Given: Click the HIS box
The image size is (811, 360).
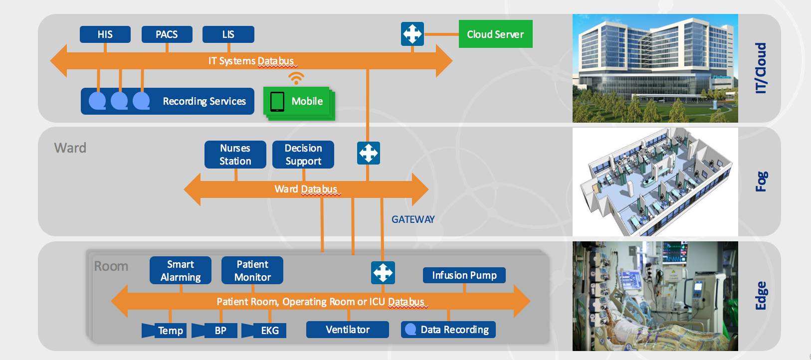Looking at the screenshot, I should (x=105, y=34).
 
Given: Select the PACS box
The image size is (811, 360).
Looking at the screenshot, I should (x=167, y=34).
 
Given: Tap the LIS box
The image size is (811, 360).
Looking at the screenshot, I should (x=228, y=34).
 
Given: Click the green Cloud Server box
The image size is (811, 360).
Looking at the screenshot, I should (x=495, y=34).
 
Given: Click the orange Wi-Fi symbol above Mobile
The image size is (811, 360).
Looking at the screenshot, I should (x=296, y=78).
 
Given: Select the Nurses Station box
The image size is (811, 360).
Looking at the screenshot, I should (x=235, y=155).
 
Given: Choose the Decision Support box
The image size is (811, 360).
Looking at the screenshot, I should (x=303, y=155).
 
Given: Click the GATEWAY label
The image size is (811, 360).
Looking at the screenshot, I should (x=413, y=219).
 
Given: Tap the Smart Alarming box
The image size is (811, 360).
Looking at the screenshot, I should (x=181, y=271).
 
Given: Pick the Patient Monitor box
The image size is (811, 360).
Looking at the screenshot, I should (x=252, y=271).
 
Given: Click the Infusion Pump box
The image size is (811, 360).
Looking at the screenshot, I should (x=464, y=275).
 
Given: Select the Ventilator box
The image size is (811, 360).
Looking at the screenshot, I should (x=348, y=330).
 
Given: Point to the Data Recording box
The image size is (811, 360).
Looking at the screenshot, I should (x=448, y=330).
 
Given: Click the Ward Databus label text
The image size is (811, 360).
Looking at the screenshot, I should (x=306, y=189).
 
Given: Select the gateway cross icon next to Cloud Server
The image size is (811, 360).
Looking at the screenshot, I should (x=412, y=34).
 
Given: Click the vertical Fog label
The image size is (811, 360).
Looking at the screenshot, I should (x=761, y=181).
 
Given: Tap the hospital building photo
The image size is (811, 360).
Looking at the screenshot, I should (x=655, y=68).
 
